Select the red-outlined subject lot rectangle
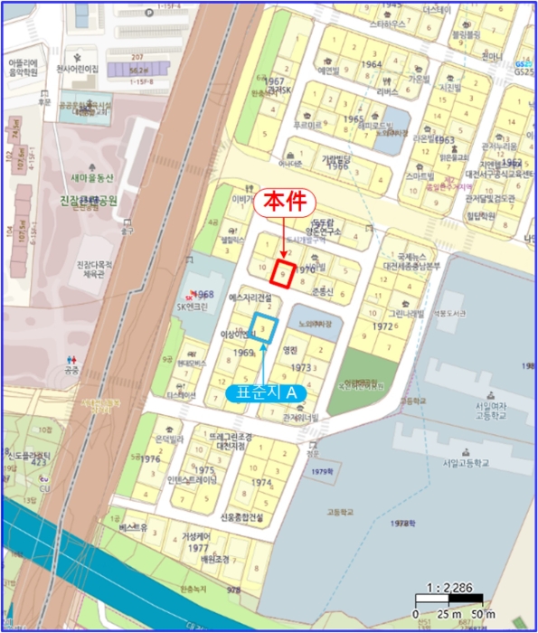[283, 274]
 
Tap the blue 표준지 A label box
[267, 393]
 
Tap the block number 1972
[382, 326]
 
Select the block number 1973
[302, 368]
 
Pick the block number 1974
[260, 484]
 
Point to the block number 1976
[150, 459]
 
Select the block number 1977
[199, 548]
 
